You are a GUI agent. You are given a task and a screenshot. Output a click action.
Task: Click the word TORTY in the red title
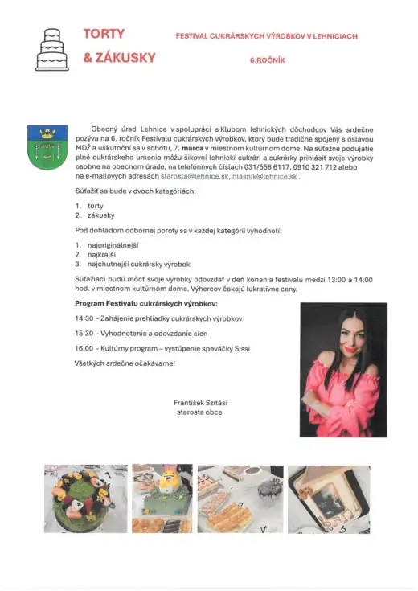tap(104, 34)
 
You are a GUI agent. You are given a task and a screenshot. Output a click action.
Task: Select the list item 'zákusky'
tap(100, 215)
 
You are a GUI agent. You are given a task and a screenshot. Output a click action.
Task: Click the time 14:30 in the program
tap(84, 318)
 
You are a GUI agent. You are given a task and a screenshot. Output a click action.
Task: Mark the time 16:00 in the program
tap(84, 348)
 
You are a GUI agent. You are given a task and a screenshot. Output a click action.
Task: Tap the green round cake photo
tap(85, 499)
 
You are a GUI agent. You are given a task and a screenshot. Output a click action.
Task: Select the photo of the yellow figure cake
tap(162, 499)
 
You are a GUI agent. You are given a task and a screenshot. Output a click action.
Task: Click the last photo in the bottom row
tap(329, 499)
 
